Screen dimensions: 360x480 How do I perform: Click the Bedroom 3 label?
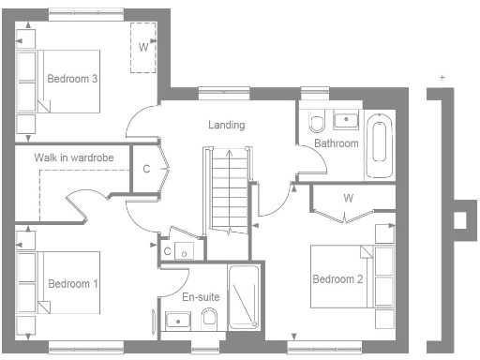click(x=73, y=79)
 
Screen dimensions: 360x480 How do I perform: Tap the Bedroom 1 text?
click(x=72, y=283)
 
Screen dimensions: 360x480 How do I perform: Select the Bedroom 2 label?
click(x=337, y=279)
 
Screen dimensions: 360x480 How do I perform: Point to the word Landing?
click(x=226, y=125)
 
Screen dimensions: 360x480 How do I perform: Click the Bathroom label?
click(x=336, y=143)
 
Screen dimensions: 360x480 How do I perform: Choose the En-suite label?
click(x=201, y=296)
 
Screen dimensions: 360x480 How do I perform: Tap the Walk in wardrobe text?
click(x=74, y=158)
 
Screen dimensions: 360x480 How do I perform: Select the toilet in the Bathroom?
click(x=316, y=123)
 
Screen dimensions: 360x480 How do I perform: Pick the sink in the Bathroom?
click(x=346, y=120)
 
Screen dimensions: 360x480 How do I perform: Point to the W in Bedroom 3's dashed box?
click(x=143, y=46)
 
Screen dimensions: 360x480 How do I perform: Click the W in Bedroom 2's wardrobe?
click(x=348, y=198)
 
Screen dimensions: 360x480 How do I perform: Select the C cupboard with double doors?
click(x=147, y=170)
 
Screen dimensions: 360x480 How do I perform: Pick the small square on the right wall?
click(x=458, y=220)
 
